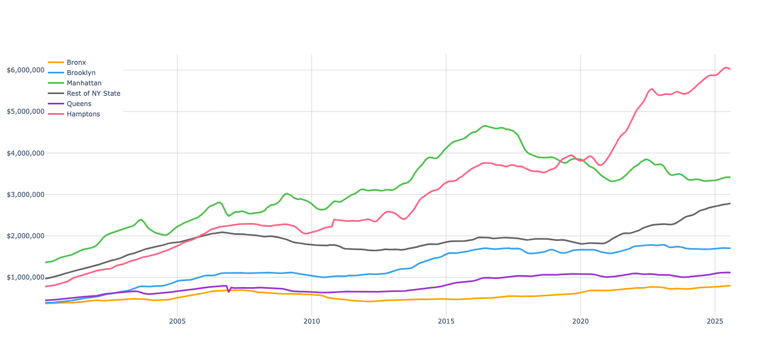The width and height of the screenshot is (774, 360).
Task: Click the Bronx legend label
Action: pos(76,63)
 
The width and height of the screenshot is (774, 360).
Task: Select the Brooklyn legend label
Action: pos(81,73)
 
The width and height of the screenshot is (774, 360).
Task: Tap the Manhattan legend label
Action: pos(84,83)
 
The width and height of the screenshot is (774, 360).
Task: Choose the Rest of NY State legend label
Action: pos(93,94)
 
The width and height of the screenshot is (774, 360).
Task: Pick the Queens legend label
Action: pos(79,104)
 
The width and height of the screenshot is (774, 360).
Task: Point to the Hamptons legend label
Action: pos(83,114)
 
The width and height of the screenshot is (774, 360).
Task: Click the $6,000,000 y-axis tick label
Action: pos(26,70)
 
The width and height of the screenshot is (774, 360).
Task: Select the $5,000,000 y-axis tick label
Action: pos(26,111)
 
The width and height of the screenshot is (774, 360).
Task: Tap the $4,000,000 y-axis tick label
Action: pos(26,153)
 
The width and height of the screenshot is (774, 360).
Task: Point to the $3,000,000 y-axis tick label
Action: pos(26,195)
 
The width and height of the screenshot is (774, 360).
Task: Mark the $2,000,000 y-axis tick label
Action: pos(26,236)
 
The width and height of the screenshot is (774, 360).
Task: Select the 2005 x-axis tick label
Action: pos(177,321)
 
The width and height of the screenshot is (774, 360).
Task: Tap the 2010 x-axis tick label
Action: pos(311,321)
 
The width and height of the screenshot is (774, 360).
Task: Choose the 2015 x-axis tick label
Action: pos(446,321)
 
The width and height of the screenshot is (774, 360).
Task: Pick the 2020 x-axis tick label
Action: pos(580,321)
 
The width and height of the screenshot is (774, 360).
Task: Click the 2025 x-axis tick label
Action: pos(715,321)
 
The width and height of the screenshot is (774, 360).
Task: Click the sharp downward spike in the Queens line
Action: pos(229,291)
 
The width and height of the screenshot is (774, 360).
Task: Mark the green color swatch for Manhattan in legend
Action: pos(56,83)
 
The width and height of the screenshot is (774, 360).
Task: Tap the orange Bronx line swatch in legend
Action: pos(56,62)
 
